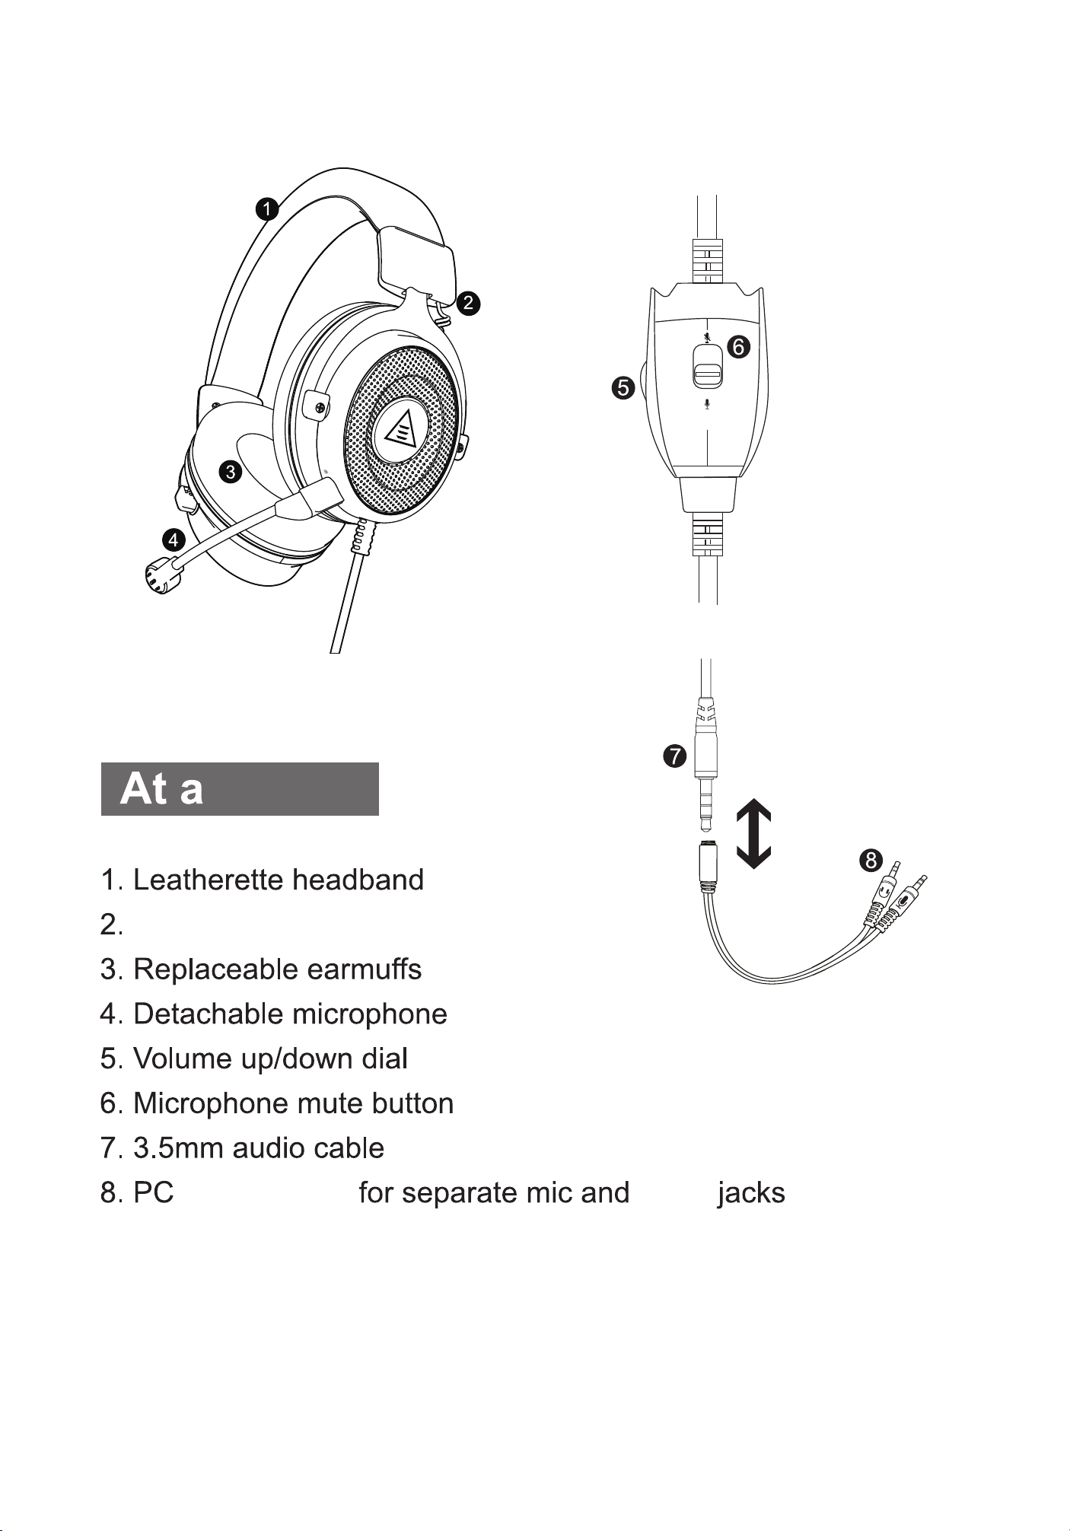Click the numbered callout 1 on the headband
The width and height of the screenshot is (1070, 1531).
pos(267,209)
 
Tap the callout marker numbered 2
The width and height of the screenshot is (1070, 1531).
pos(469,303)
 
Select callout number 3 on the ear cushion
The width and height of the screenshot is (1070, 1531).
pos(230,472)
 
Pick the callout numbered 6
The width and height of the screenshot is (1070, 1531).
pos(737,347)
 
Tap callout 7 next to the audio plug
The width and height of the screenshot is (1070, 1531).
pos(674,756)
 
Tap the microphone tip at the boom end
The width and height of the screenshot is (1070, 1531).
pos(161,575)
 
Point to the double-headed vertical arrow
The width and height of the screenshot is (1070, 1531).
pos(754,835)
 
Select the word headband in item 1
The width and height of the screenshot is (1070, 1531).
pos(358,880)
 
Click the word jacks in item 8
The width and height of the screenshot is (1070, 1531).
pos(751,1193)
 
